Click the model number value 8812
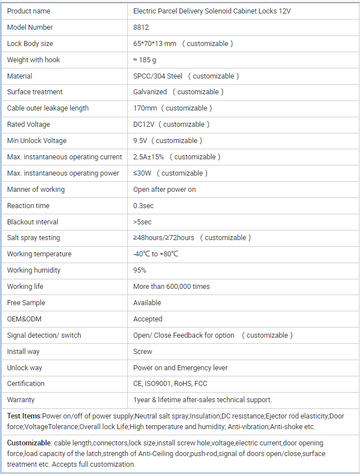(140, 27)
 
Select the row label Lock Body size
(30, 44)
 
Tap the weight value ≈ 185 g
(145, 60)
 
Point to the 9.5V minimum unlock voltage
(140, 141)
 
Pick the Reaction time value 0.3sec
(144, 206)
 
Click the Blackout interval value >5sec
(142, 222)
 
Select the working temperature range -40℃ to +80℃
(156, 254)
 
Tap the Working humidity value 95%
(140, 270)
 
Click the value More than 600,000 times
(172, 287)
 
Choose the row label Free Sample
(26, 303)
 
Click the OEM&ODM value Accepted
(148, 319)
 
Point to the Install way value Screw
(143, 352)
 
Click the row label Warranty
(21, 400)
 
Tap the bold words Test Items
(24, 416)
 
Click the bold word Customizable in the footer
(29, 443)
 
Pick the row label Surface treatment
(35, 92)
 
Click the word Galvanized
(150, 92)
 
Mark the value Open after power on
(165, 190)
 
